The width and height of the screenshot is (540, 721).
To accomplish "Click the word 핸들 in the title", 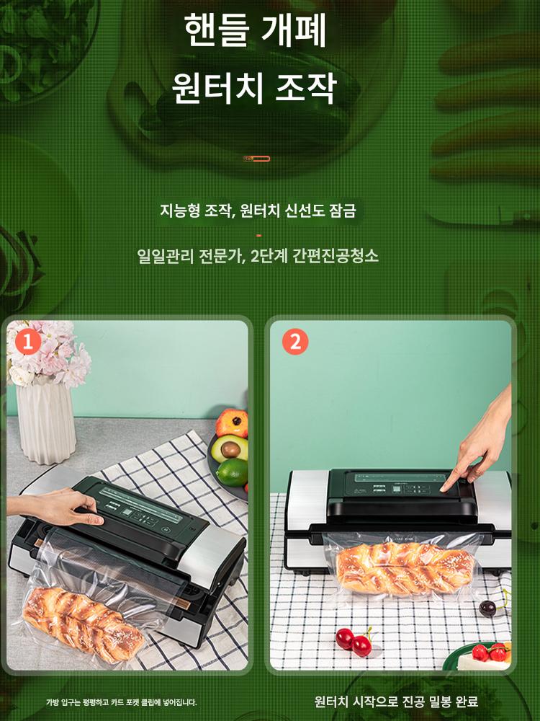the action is point(216,30).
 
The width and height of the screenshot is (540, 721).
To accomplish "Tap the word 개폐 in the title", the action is point(294,30).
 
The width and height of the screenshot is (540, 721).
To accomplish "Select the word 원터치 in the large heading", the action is point(217,87).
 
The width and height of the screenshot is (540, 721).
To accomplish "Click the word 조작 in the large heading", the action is point(305,87).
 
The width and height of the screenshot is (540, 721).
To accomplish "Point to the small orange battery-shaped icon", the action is point(256,159).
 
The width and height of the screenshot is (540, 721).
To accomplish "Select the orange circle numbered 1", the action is point(28,342).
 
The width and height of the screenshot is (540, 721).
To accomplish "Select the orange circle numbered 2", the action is point(294,342).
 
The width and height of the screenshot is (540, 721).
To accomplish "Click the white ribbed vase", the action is point(46,422).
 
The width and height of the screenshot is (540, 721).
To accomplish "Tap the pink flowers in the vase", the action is point(48,353).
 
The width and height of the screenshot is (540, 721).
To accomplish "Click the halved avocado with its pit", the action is point(230,448).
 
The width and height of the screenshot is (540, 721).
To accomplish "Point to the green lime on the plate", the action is point(233,472).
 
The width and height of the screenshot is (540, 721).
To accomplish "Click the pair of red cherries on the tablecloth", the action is point(354,641).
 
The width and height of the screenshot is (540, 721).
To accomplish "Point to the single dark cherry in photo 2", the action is point(487,609).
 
